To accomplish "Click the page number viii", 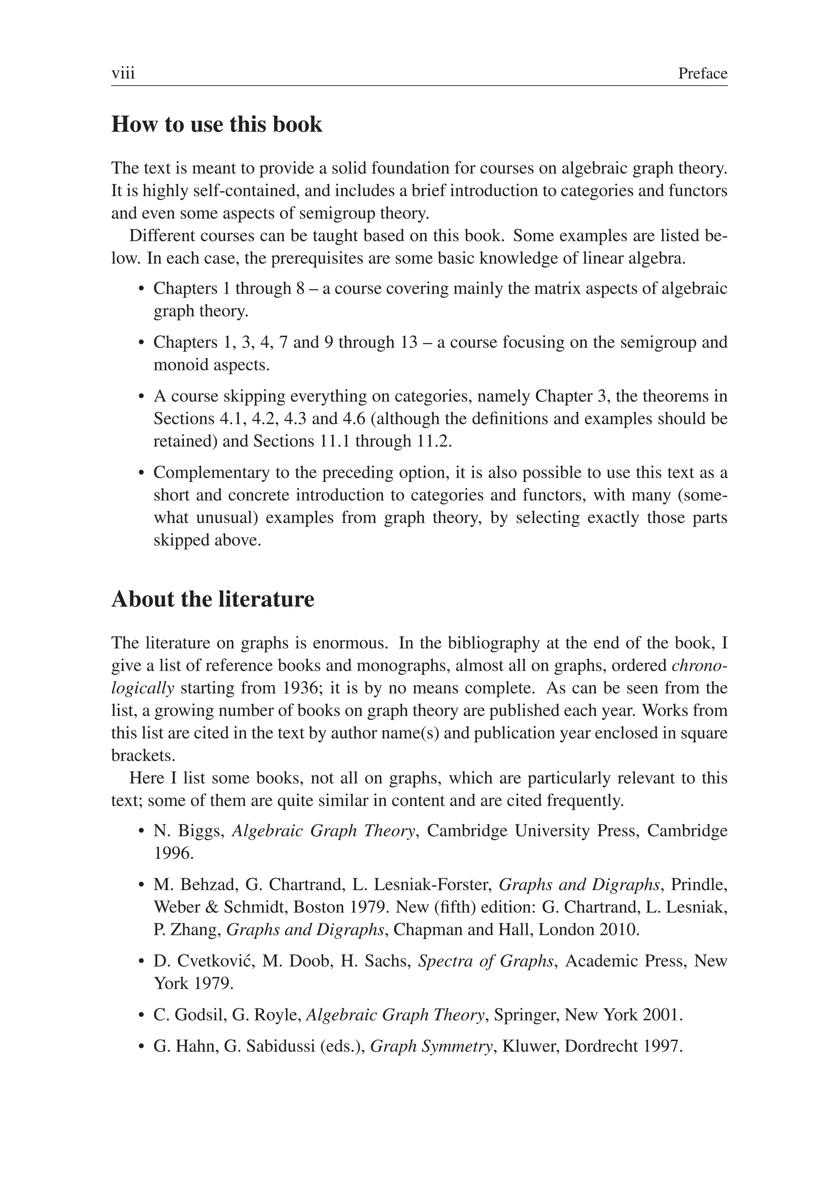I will pos(123,73).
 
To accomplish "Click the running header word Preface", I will pos(703,73).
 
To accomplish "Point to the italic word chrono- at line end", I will pos(700,665).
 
